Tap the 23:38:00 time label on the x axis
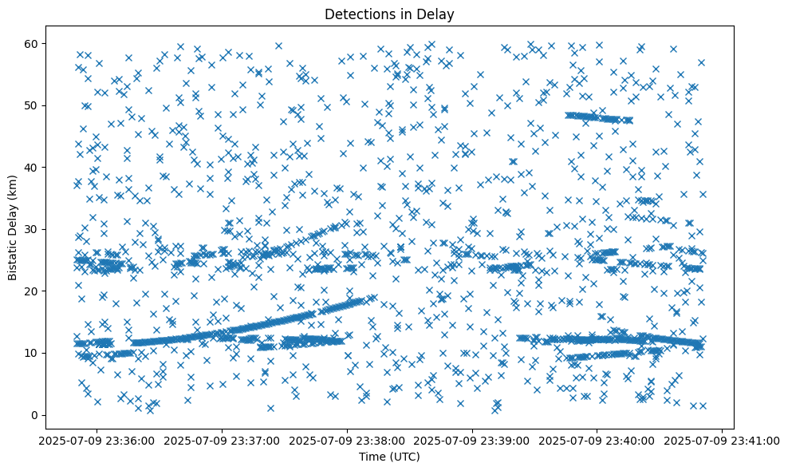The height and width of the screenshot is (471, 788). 347,440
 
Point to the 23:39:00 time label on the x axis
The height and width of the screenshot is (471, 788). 472,440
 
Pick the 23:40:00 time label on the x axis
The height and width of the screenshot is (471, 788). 597,440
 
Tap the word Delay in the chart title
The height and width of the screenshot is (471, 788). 436,14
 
